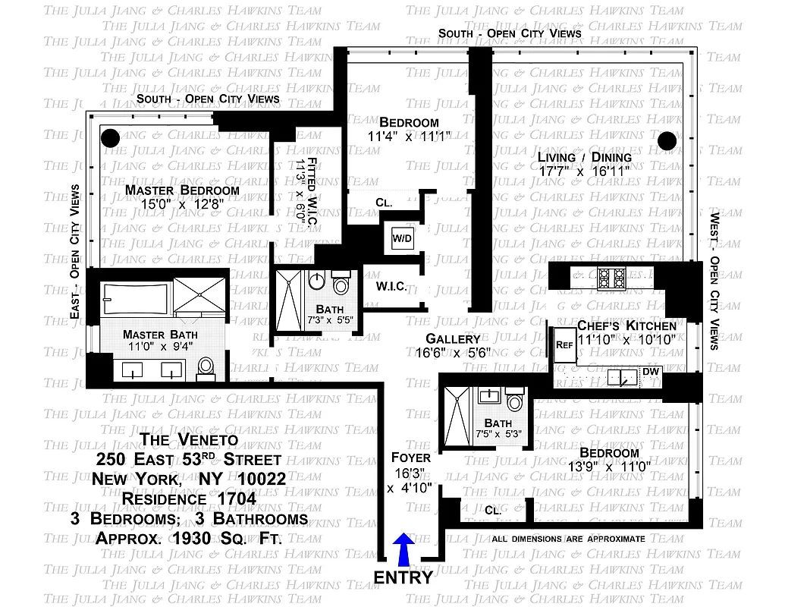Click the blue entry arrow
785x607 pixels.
point(404,548)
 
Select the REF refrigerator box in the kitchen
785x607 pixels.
point(564,343)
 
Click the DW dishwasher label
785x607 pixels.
point(650,371)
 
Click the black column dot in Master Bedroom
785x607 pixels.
point(111,138)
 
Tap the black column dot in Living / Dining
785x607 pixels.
point(667,140)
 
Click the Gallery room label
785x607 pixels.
point(453,338)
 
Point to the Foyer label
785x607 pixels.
point(411,458)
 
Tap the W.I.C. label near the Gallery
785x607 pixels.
point(391,287)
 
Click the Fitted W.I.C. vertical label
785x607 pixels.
point(304,190)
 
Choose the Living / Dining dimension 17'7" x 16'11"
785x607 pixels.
point(584,171)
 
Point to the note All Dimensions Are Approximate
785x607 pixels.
point(568,539)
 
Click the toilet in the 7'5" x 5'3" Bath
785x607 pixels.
point(516,402)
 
